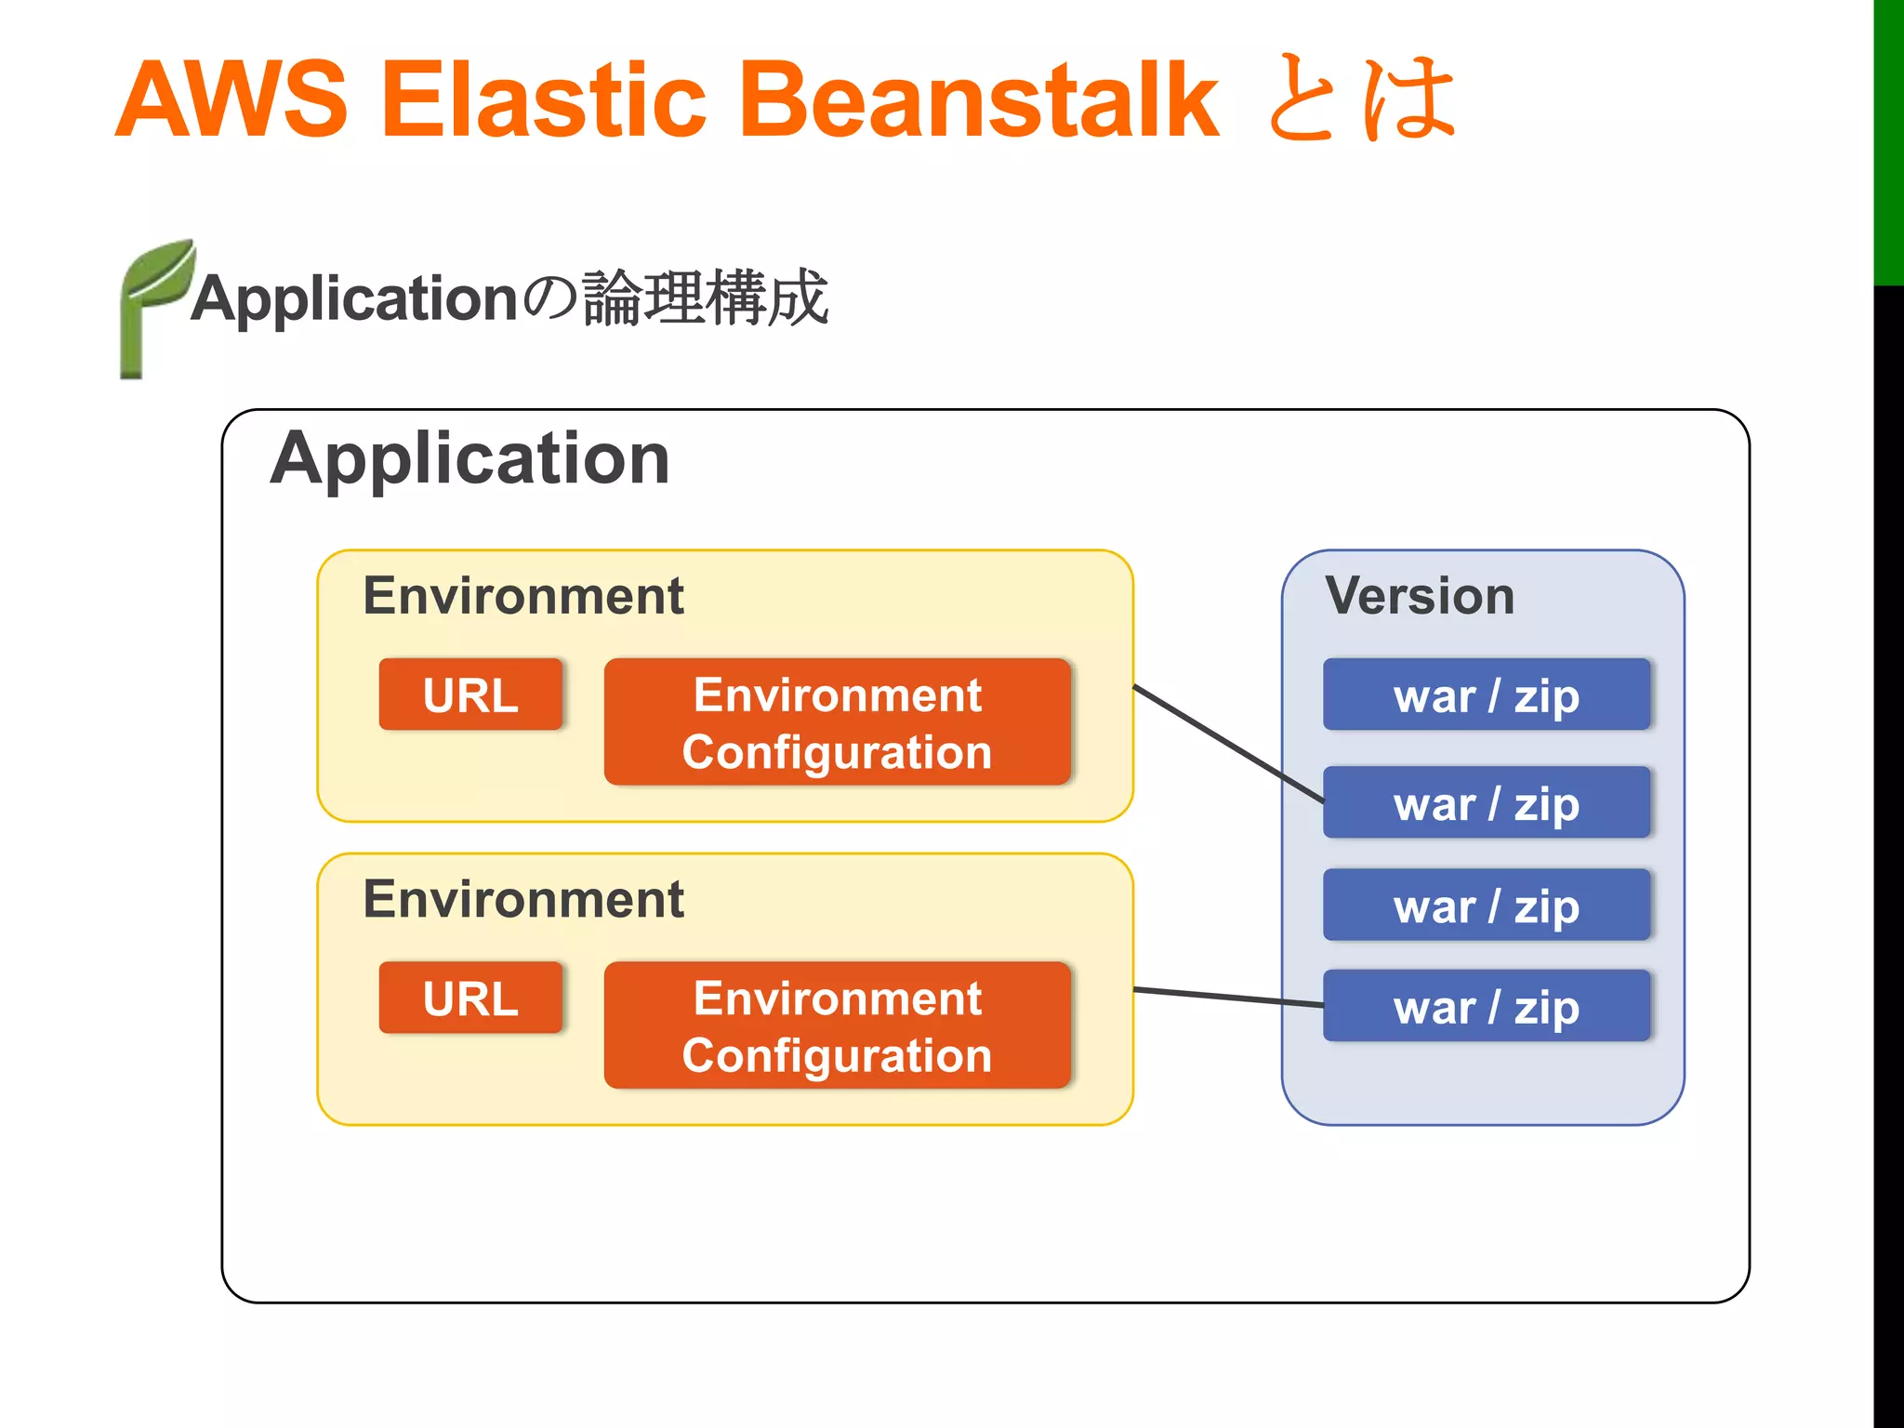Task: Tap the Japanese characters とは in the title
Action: pos(1360,99)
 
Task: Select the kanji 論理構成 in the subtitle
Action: pos(705,298)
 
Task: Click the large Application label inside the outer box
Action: pos(469,459)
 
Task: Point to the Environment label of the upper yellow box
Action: pos(522,596)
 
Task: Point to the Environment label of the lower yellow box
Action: pos(522,899)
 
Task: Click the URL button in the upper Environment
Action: pos(470,694)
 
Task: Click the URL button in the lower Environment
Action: pos(470,998)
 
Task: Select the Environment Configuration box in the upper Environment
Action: pos(837,722)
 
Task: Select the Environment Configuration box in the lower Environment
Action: pos(837,1025)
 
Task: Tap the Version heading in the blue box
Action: pos(1420,596)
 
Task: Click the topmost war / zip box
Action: pos(1486,695)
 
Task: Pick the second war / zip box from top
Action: pos(1486,802)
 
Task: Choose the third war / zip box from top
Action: pos(1486,905)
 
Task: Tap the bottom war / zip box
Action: pos(1486,1006)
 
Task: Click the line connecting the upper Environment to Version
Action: pos(1227,744)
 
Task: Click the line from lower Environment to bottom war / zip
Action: pos(1227,998)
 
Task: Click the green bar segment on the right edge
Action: pos(1888,139)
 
